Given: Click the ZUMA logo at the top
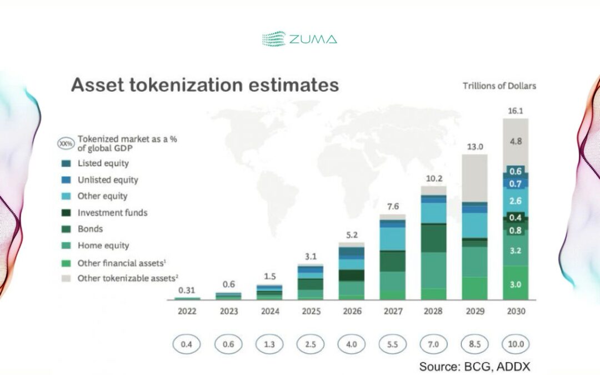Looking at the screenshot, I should coord(299,39).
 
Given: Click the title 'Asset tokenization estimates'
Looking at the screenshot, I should coord(205,85).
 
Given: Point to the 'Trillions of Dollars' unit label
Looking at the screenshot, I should coord(499,86).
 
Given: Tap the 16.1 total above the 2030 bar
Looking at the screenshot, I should coord(516,111).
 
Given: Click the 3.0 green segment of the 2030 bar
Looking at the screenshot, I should coord(516,284).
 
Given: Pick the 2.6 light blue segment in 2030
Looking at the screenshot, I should coord(516,201).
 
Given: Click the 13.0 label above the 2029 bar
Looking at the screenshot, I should coord(474,147).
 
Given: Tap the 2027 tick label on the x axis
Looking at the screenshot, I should coord(392,311).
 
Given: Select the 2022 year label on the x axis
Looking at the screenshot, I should coord(187,311).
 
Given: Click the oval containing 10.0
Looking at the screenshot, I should coord(516,344).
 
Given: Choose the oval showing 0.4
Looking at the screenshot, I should coord(187,344).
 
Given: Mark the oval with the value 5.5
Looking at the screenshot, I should coord(392,344).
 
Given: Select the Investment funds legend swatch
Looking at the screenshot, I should coord(67,213).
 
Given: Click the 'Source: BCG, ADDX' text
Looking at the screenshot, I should coord(474,366).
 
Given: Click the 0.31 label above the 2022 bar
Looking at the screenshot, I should coord(187,291).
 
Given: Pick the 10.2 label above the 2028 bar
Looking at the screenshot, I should coord(433,179).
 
